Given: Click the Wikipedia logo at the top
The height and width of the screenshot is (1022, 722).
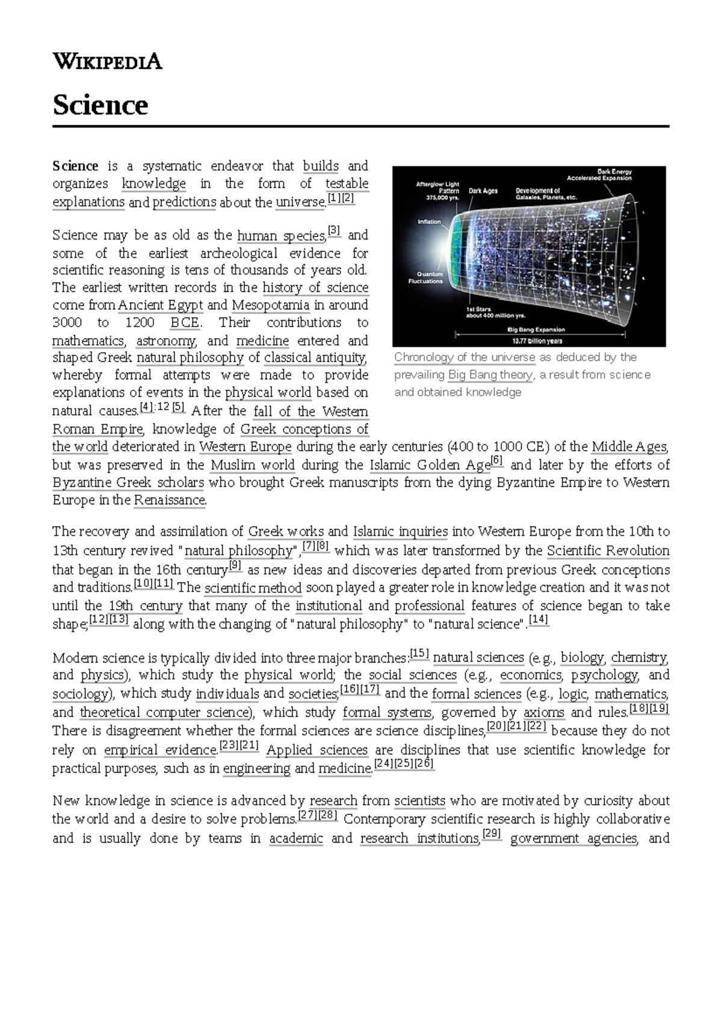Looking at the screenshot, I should (x=107, y=61).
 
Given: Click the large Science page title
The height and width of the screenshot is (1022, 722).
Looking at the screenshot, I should (x=100, y=105).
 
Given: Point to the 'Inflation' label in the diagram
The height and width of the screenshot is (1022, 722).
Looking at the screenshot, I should (x=430, y=221).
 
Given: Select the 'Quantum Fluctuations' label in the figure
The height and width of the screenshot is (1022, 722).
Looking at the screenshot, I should (x=425, y=277).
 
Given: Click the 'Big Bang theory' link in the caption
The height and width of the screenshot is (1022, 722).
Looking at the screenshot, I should (x=490, y=375).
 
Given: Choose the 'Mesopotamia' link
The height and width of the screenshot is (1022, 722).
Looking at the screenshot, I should (x=270, y=305).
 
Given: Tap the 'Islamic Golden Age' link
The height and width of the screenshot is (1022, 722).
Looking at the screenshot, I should (x=430, y=465).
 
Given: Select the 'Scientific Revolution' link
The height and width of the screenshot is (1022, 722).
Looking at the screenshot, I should (x=608, y=551).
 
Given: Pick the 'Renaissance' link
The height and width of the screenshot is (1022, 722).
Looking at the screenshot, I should (x=170, y=500).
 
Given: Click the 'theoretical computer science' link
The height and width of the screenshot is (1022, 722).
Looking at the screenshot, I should (x=164, y=713).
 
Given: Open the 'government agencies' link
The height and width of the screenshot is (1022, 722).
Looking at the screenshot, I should (x=573, y=838).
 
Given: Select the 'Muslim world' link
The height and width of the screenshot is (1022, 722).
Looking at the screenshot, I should (x=253, y=465).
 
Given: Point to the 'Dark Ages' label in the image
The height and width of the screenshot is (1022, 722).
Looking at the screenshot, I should (x=483, y=191).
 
